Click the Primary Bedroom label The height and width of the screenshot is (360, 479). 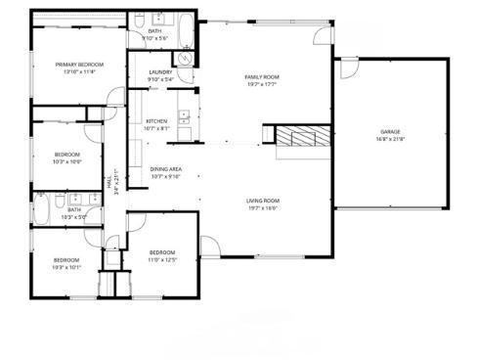(79, 65)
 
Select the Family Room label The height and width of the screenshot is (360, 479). (261, 76)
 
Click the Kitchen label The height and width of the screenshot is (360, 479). (156, 120)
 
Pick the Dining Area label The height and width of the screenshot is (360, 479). (165, 169)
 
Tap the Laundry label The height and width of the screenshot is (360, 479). (161, 72)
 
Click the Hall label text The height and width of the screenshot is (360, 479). (108, 182)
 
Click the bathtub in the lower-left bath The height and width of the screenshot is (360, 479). (43, 208)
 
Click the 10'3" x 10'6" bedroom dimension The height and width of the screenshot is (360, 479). (67, 161)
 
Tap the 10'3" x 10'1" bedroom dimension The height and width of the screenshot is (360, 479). (67, 266)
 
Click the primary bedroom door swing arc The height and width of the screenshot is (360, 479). (115, 98)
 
